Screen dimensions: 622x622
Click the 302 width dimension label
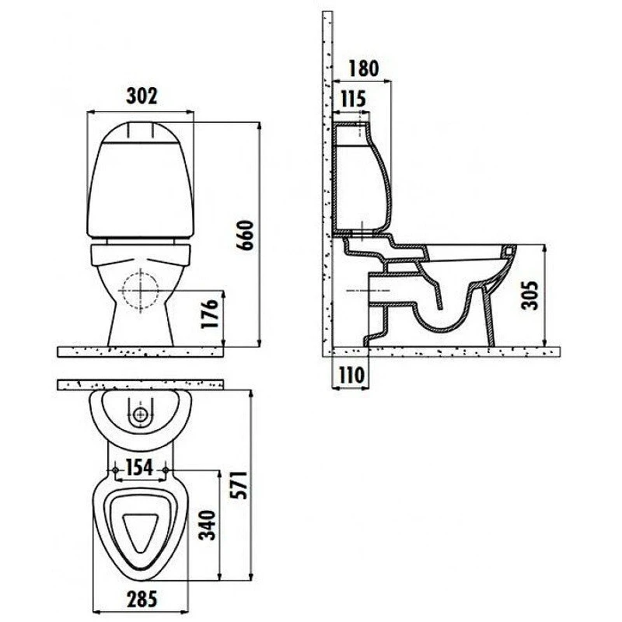(x=142, y=96)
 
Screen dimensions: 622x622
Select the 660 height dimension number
(x=245, y=236)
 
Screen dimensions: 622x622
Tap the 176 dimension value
(x=209, y=313)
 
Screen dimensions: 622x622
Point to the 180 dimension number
(x=363, y=68)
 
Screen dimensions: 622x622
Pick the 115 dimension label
(x=353, y=99)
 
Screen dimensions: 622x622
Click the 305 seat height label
(x=529, y=295)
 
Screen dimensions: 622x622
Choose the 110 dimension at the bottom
(x=351, y=376)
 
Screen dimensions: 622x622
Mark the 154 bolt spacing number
(x=140, y=468)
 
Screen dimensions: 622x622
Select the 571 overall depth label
(x=239, y=484)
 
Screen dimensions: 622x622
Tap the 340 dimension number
(x=207, y=526)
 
